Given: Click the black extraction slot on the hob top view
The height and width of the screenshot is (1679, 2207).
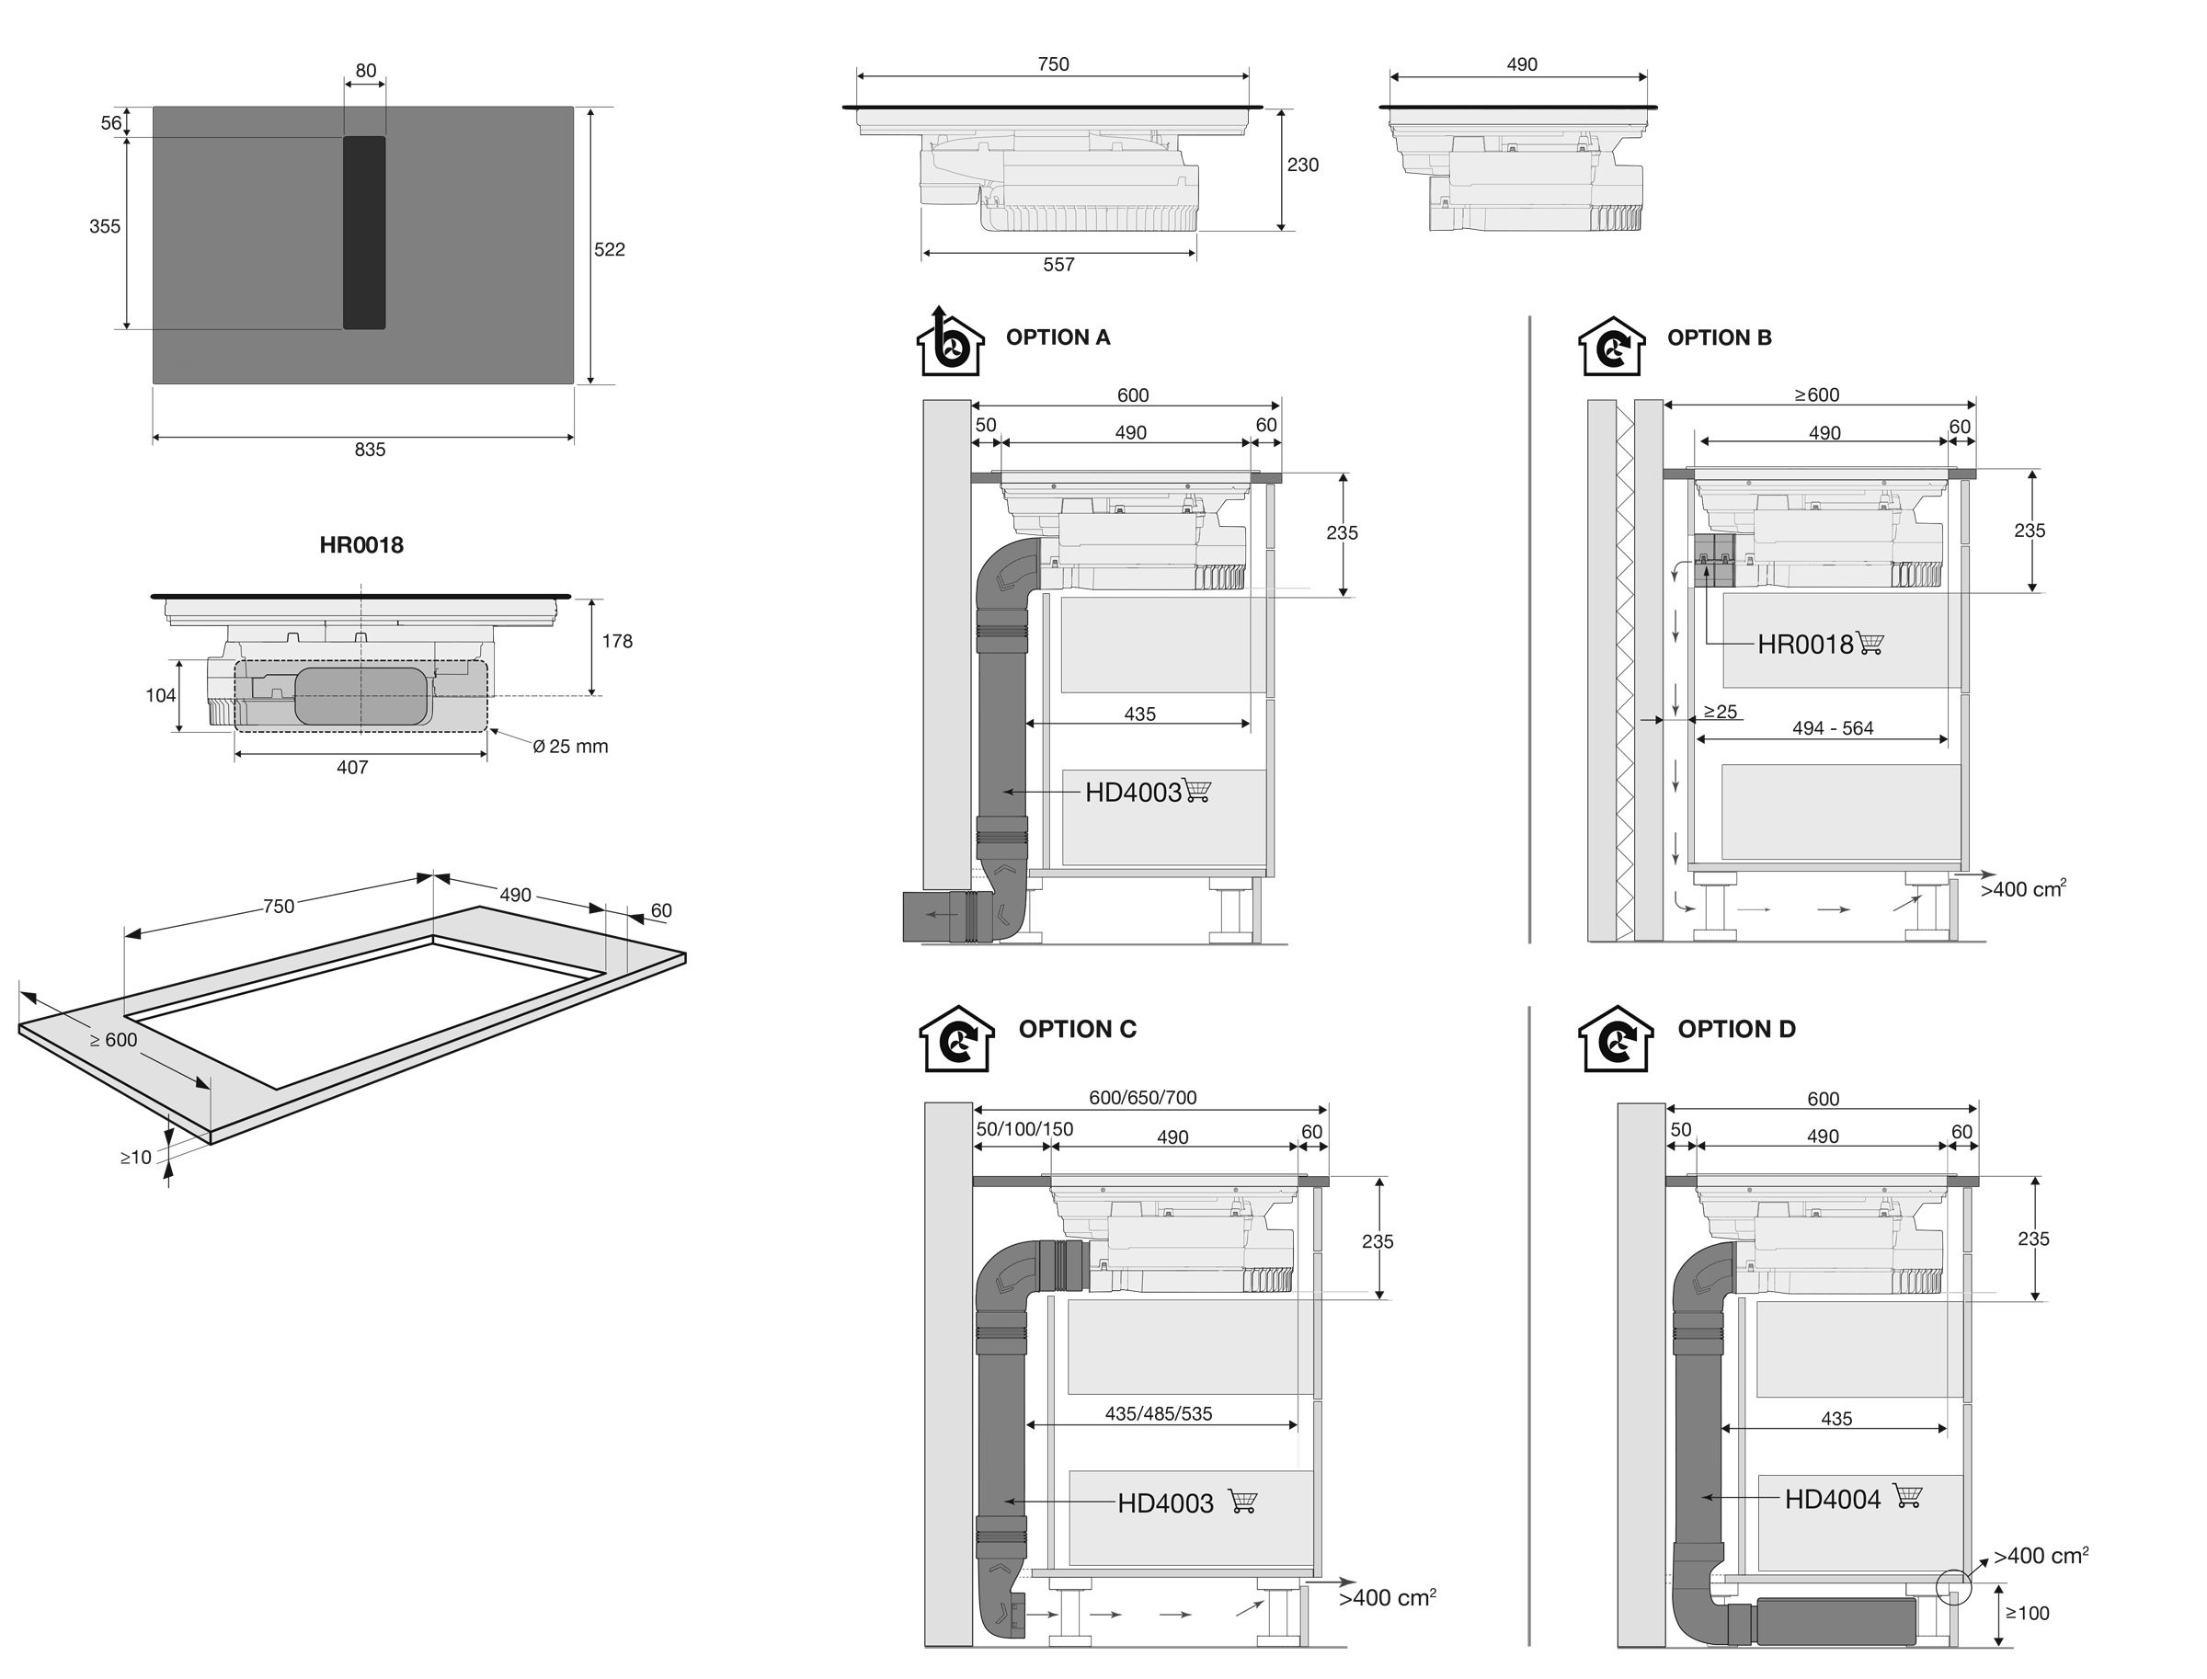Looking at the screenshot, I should [364, 232].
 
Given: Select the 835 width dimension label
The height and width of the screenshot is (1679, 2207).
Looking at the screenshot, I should [369, 450].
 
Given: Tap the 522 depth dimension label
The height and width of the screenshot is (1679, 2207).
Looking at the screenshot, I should [609, 249].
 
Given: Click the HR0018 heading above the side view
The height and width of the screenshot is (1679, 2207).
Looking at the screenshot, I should [360, 544].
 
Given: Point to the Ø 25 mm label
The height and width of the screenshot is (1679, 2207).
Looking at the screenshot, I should [570, 747].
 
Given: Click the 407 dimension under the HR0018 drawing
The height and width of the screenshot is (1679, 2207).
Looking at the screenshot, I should [352, 768].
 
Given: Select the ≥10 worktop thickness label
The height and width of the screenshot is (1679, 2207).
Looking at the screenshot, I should [136, 1158].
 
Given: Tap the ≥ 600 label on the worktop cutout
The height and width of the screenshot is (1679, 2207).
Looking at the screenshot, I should [114, 1039].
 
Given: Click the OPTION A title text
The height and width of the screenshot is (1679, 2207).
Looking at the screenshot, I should [1058, 337].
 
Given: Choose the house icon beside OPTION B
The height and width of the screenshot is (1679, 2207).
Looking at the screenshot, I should [1610, 346].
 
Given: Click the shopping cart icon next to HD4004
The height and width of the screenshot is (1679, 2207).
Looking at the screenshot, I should [1907, 1496].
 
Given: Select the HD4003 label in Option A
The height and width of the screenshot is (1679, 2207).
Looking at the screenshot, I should [1133, 793].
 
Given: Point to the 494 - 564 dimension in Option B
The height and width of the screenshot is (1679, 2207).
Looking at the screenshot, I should [1832, 728].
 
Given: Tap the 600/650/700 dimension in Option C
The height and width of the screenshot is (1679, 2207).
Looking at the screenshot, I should [1142, 1097].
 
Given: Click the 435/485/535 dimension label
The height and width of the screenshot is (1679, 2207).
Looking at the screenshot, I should [1158, 1413].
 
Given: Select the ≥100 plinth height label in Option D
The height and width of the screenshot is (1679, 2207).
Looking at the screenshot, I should [2027, 1613].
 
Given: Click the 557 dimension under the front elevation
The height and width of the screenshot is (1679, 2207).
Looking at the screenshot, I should [1058, 265].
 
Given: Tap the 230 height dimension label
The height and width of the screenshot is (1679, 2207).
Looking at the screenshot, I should [1302, 165].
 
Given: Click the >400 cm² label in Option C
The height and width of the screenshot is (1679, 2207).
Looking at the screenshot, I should [1387, 1598].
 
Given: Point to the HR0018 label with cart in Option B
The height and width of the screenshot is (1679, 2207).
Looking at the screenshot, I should [1805, 645].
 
